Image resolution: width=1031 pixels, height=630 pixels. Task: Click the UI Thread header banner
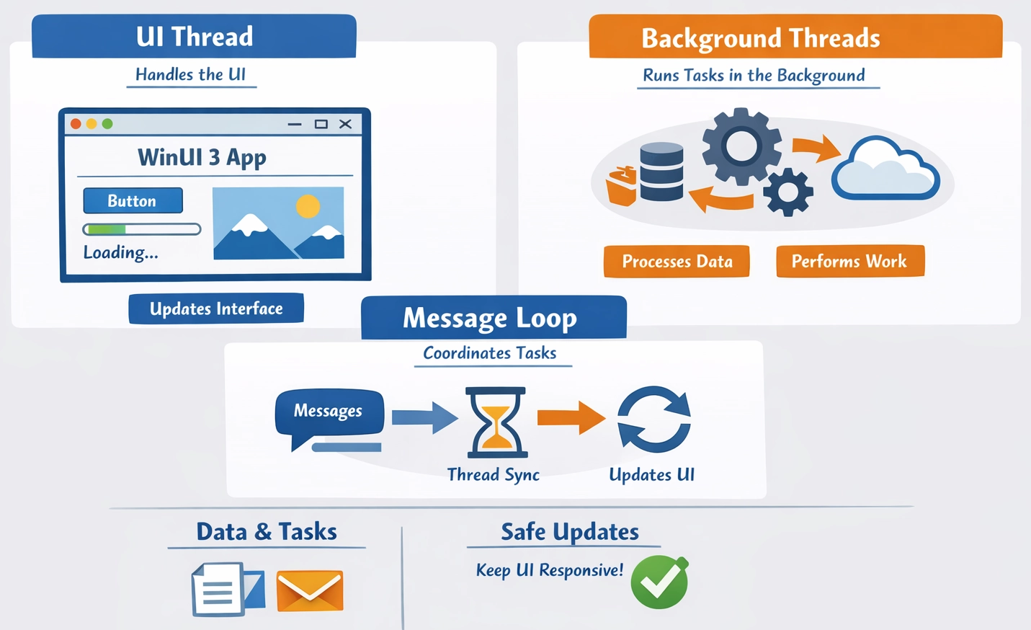click(x=194, y=36)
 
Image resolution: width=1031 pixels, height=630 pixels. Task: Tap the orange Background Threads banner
click(x=795, y=37)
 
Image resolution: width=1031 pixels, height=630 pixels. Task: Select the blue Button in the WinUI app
click(x=133, y=200)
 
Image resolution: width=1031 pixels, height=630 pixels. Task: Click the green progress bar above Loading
click(x=141, y=229)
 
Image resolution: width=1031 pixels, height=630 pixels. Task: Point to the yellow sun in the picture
click(x=308, y=206)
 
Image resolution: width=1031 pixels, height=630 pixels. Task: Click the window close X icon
click(x=345, y=124)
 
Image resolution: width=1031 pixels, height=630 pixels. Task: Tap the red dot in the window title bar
click(x=76, y=124)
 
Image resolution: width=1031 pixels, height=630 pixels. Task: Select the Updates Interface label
click(x=216, y=309)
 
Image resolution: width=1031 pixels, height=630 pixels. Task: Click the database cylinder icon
click(x=661, y=172)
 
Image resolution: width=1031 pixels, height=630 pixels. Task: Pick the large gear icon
click(x=741, y=147)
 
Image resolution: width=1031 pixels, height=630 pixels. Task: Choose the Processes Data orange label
click(x=677, y=261)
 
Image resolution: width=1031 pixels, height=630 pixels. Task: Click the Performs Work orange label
click(x=849, y=261)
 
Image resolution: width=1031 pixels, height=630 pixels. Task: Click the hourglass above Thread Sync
click(x=496, y=422)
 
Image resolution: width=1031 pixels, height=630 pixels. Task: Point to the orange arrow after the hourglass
click(x=571, y=417)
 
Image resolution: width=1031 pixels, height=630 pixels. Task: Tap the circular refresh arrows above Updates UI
click(x=654, y=420)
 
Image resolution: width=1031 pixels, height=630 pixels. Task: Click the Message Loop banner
click(x=494, y=318)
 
